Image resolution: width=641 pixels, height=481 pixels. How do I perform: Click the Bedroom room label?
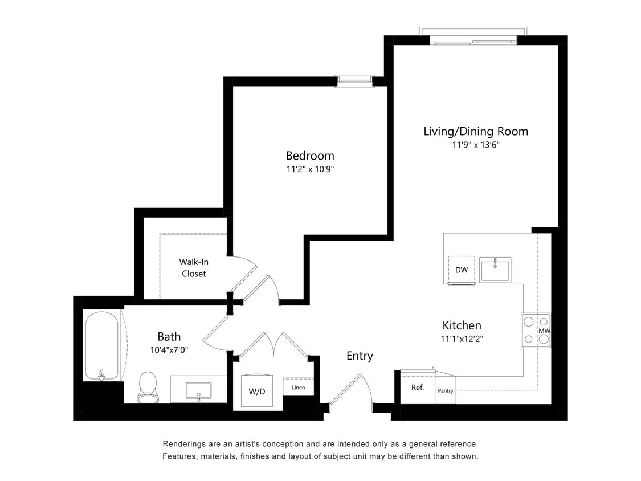pyautogui.click(x=310, y=156)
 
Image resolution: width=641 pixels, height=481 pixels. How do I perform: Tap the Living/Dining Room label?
pyautogui.click(x=476, y=131)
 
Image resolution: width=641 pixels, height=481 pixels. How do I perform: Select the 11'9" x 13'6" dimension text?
pyautogui.click(x=476, y=145)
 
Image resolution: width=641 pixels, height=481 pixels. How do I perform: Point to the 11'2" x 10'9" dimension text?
pyautogui.click(x=310, y=169)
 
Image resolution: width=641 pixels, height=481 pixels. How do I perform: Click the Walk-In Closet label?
pyautogui.click(x=193, y=268)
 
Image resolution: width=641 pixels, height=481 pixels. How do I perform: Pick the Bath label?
pyautogui.click(x=169, y=336)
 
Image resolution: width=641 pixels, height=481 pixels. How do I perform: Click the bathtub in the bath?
pyautogui.click(x=102, y=345)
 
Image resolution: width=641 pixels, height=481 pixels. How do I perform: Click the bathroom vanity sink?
pyautogui.click(x=198, y=390)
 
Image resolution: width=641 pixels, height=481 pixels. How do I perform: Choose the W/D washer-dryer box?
pyautogui.click(x=257, y=391)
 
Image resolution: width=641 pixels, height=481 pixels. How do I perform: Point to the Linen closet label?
pyautogui.click(x=299, y=388)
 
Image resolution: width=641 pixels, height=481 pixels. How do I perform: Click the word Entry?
pyautogui.click(x=360, y=356)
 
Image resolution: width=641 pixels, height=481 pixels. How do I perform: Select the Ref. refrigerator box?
pyautogui.click(x=417, y=388)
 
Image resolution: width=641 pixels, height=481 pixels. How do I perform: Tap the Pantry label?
pyautogui.click(x=446, y=391)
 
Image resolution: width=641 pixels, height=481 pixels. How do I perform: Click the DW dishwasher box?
pyautogui.click(x=462, y=269)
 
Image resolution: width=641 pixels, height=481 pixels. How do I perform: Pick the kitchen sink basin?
pyautogui.click(x=495, y=269)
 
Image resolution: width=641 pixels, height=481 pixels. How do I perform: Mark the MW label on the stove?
pyautogui.click(x=544, y=331)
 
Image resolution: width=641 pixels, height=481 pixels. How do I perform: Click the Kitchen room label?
pyautogui.click(x=462, y=325)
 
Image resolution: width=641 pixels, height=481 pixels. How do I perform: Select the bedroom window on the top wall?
pyautogui.click(x=354, y=81)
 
